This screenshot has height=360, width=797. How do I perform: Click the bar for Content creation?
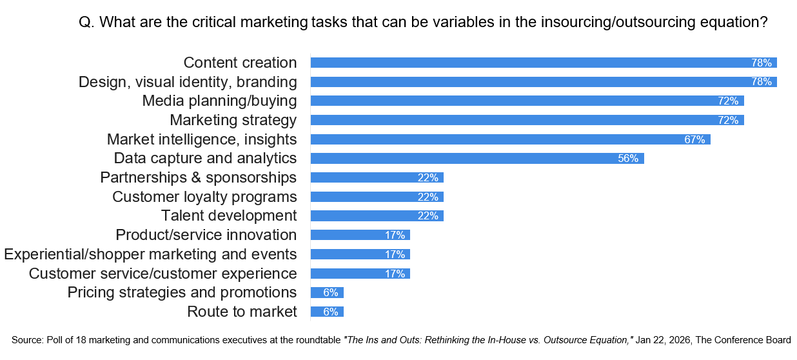click(x=543, y=63)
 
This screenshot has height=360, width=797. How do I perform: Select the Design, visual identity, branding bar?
click(x=543, y=82)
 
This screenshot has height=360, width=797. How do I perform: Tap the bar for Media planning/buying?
click(x=527, y=101)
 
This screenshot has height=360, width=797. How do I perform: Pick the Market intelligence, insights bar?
click(x=510, y=139)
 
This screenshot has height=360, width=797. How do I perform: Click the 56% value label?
click(x=628, y=159)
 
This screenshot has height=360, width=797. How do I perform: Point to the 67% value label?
click(x=694, y=139)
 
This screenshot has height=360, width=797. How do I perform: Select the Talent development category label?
click(x=229, y=215)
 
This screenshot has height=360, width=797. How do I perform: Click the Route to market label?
click(x=242, y=312)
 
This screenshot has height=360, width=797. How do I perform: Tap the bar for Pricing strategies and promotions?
click(x=327, y=293)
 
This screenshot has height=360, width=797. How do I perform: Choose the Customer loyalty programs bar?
click(x=377, y=197)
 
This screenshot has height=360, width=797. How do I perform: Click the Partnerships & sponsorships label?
click(x=199, y=177)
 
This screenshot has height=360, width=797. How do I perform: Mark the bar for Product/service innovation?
click(x=360, y=235)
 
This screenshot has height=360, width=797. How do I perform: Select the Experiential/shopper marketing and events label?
click(x=150, y=254)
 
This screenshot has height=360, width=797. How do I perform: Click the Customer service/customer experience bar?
click(x=360, y=274)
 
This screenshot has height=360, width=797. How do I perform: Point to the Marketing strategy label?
click(x=233, y=120)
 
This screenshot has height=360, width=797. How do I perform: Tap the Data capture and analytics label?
click(x=205, y=158)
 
